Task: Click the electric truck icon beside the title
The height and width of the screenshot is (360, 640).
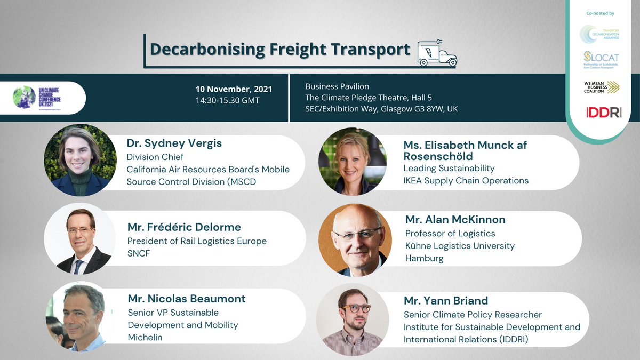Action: coord(437,53)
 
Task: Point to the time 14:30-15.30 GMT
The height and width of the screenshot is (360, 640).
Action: coord(228,100)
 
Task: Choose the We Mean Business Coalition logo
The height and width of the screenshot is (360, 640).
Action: coord(601,87)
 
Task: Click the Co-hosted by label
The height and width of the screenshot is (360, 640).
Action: coord(601,13)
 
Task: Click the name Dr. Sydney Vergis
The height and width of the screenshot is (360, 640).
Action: coord(174,143)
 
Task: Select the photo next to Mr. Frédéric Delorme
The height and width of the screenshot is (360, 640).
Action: coord(80,238)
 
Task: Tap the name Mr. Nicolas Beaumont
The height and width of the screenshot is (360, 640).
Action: coord(187,299)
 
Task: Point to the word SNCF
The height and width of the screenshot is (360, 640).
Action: coord(139,253)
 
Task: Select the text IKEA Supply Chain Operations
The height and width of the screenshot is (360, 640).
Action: coord(466,180)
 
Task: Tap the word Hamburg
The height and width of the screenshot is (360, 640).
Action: coord(424,258)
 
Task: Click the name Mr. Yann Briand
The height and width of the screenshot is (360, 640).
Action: coord(446,301)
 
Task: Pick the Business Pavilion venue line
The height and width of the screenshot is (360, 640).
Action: coord(337,86)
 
